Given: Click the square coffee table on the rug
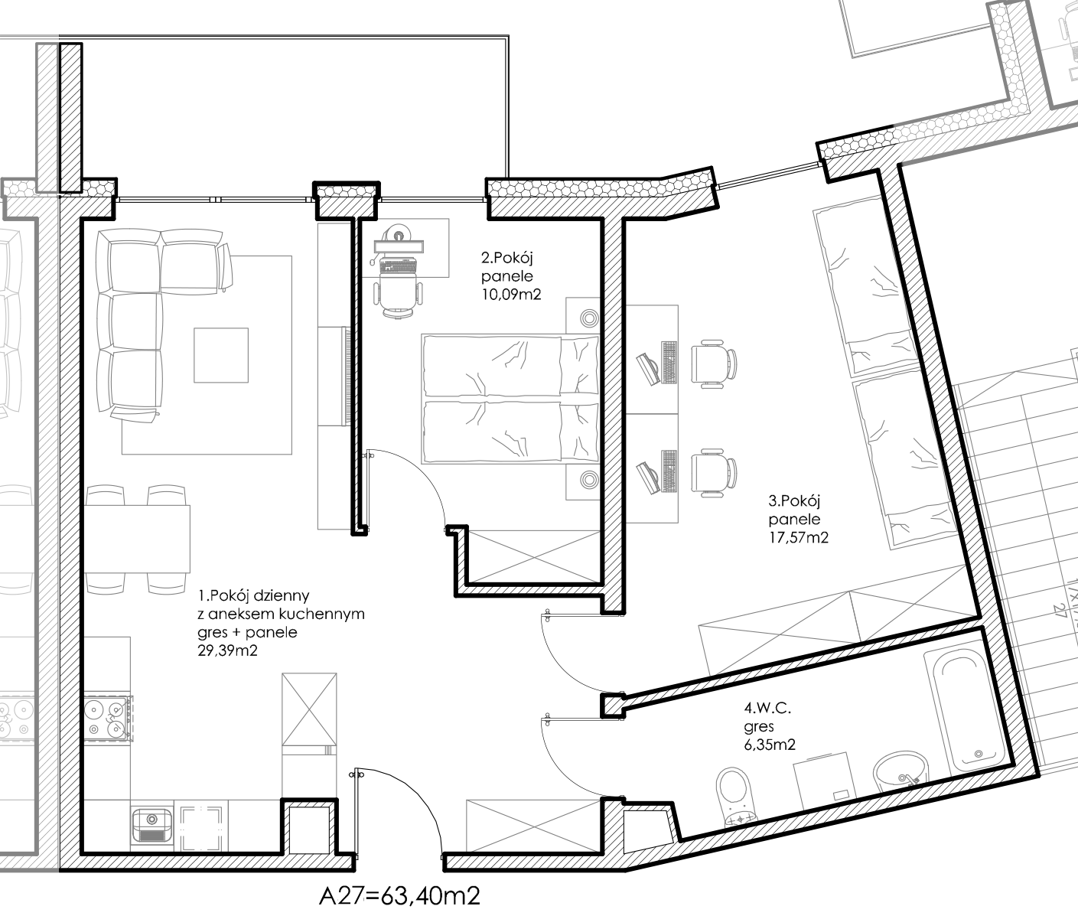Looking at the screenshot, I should pyautogui.click(x=220, y=355).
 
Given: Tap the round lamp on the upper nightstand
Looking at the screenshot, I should pyautogui.click(x=589, y=318).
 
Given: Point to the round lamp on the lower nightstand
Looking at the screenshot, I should pyautogui.click(x=589, y=481).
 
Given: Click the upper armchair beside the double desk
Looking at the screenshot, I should pyautogui.click(x=714, y=363).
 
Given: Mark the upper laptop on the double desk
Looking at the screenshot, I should pyautogui.click(x=649, y=368).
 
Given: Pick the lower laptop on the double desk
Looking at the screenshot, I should pyautogui.click(x=649, y=476).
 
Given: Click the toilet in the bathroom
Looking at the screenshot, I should pyautogui.click(x=734, y=796).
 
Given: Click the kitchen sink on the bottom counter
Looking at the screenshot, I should pyautogui.click(x=151, y=826).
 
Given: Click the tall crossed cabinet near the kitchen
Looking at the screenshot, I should pyautogui.click(x=309, y=709).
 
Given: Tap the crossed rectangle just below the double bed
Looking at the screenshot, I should pyautogui.click(x=534, y=556).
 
